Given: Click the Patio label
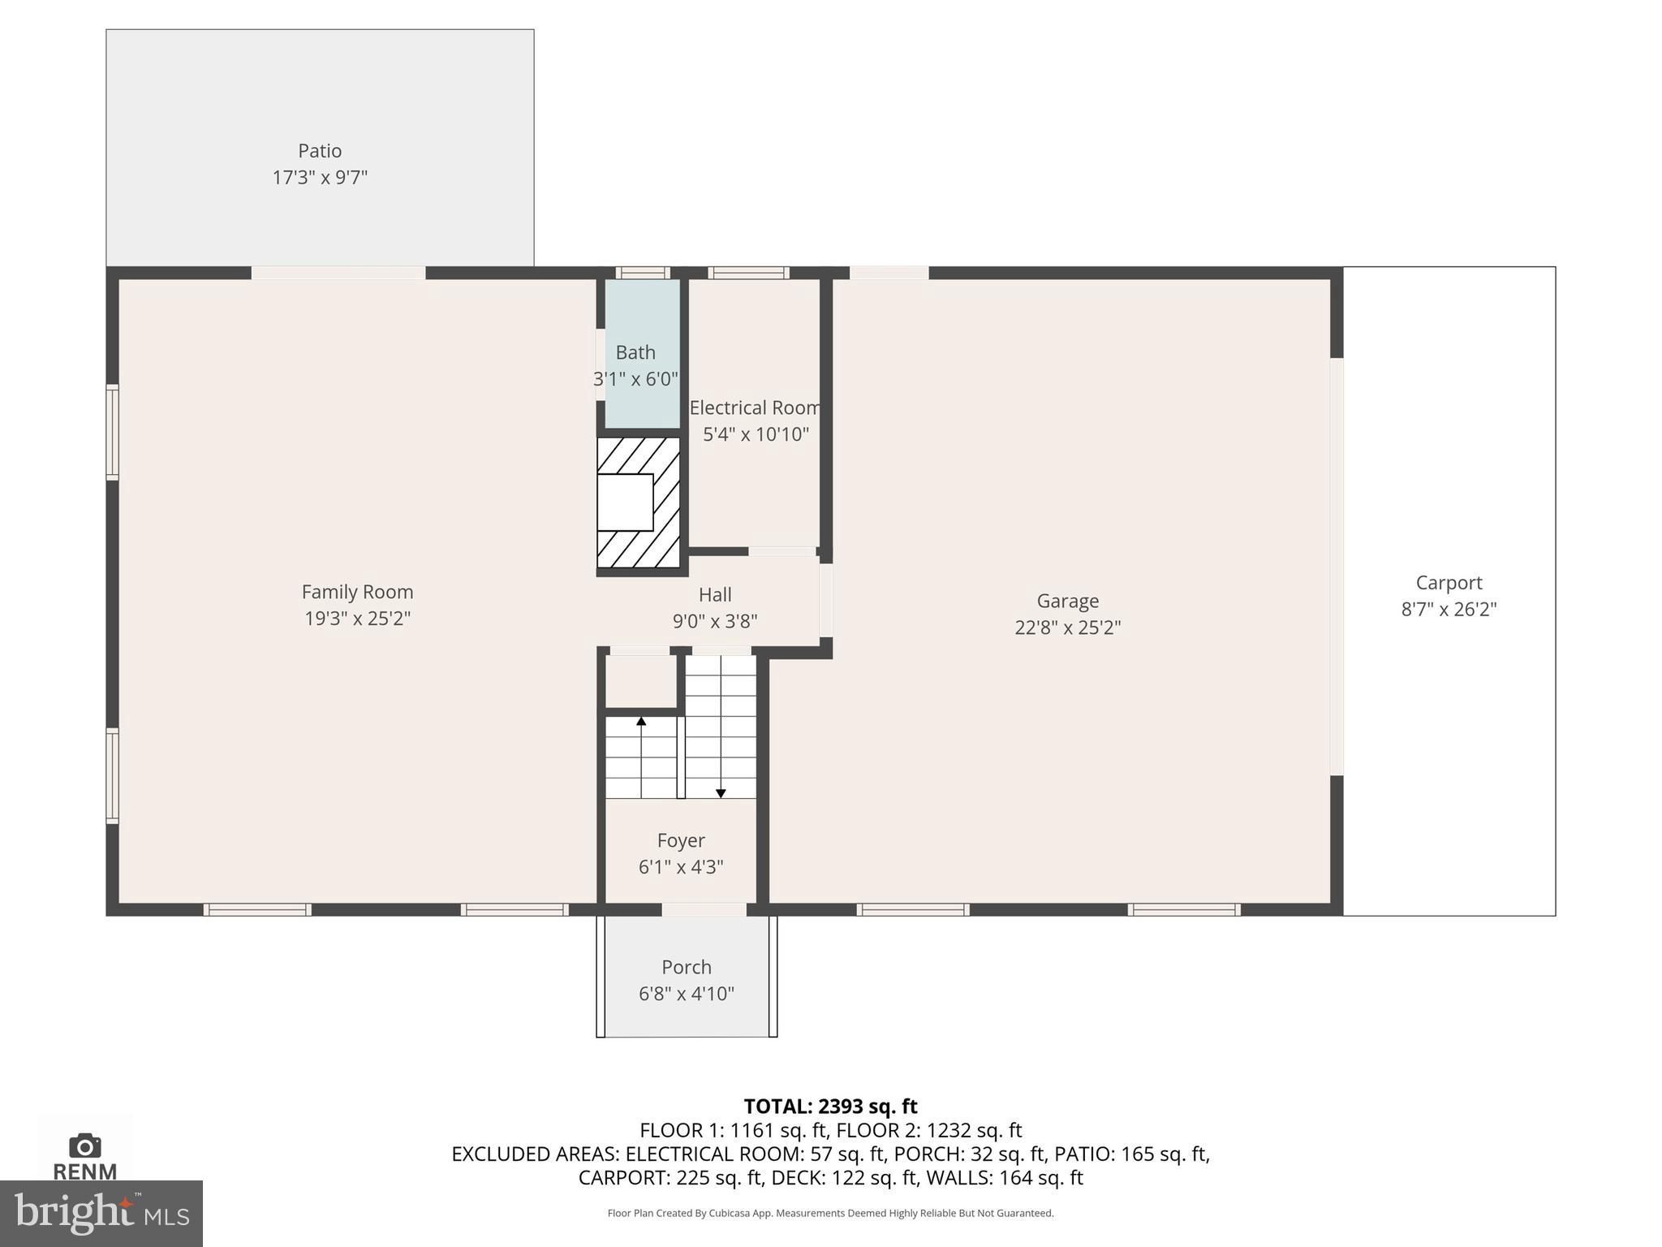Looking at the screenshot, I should (320, 151).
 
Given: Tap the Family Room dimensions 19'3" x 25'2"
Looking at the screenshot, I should (357, 619).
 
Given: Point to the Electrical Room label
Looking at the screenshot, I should (755, 408).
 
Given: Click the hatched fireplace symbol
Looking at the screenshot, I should (638, 503).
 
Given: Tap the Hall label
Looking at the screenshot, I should (715, 595).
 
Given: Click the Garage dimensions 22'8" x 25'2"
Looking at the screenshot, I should (1067, 628).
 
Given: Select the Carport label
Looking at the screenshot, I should (1449, 583).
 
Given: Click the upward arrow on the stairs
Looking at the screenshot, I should (641, 722).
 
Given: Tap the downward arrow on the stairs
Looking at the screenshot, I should (721, 792).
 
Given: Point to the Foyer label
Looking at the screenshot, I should (681, 840).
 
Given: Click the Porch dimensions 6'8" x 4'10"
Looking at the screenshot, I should (687, 994).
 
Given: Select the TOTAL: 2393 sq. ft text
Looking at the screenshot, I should (830, 1107).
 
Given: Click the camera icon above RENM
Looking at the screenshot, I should (84, 1146).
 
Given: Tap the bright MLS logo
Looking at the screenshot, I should (101, 1214).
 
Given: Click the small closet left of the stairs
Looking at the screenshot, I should (641, 681).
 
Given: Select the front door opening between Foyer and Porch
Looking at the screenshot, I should (704, 909).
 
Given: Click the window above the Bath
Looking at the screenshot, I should (642, 273).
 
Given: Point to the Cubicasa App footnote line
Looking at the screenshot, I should (830, 1214).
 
